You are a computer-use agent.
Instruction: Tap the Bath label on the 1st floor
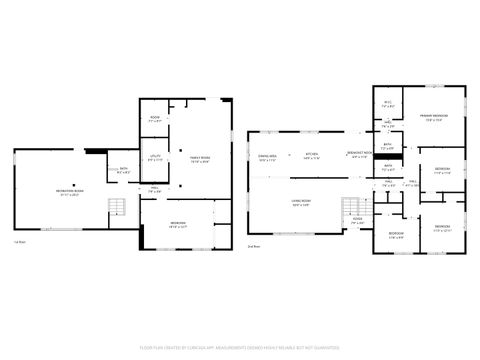(123, 169)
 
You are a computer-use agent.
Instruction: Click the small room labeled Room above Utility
(155, 119)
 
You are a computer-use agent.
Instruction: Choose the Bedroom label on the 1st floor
(178, 224)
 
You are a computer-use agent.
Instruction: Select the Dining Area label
(267, 157)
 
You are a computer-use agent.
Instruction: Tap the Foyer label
(357, 222)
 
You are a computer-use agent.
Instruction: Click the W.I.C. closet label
(389, 104)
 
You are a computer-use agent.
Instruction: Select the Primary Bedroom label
(433, 116)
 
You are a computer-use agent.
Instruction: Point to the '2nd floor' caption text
(253, 245)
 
